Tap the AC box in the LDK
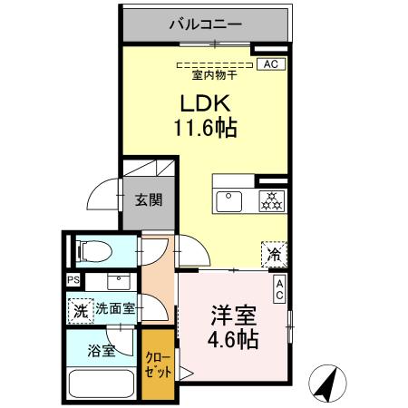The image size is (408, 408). tap(269, 64)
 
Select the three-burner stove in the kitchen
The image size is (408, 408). tap(270, 200)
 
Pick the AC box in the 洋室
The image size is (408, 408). tap(279, 289)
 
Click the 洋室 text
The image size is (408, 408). tap(231, 317)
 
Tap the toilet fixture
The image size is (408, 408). tap(92, 250)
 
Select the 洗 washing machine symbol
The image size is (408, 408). tap(81, 308)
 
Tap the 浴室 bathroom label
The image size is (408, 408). tap(102, 350)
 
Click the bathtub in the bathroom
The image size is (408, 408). tap(100, 384)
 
